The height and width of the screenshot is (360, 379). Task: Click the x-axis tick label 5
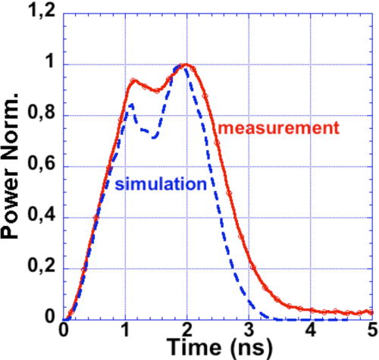[371, 330]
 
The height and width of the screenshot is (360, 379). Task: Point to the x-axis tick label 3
[249, 330]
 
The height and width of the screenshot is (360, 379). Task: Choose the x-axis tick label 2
[187, 330]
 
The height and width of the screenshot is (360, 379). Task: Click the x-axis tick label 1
[125, 330]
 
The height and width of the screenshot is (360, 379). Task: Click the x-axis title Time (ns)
[216, 349]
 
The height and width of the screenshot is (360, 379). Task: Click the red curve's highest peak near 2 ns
[185, 64]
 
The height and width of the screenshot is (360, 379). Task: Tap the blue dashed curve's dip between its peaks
[154, 138]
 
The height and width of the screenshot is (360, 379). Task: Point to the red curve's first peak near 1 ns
[133, 80]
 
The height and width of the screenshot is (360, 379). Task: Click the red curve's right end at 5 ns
[372, 311]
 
